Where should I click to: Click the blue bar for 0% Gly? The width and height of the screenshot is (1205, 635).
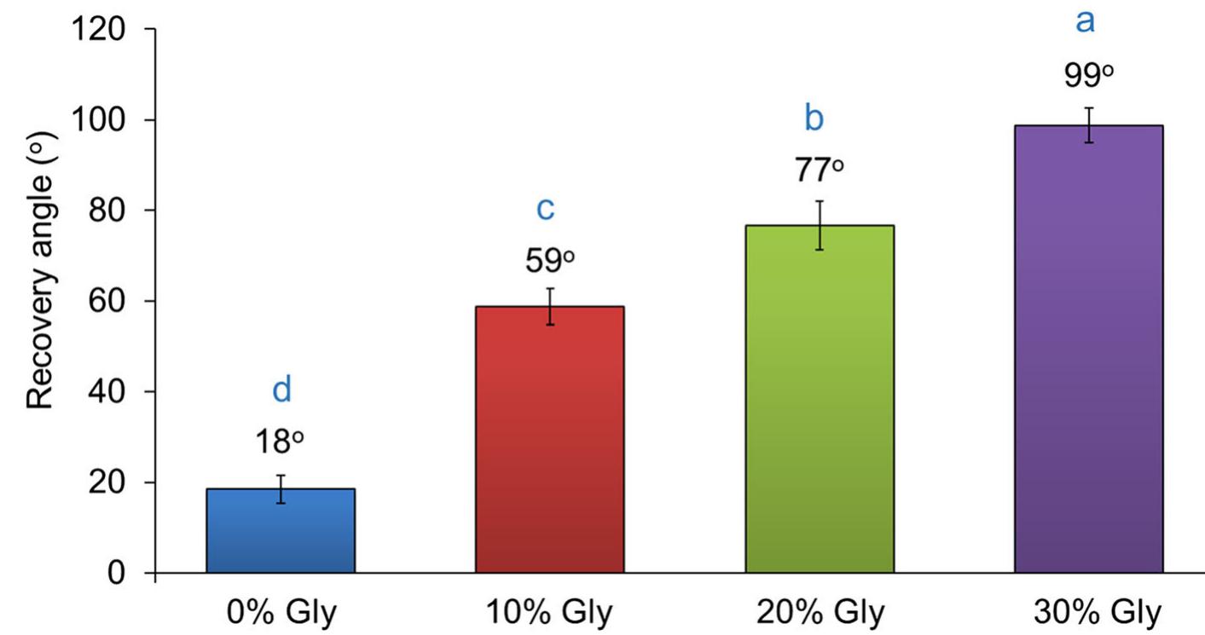[x=281, y=530]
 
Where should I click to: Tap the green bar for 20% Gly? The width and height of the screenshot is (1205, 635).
[x=820, y=399]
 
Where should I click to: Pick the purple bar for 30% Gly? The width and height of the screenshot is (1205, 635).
[x=1089, y=349]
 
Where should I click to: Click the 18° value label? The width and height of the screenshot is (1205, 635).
[x=279, y=443]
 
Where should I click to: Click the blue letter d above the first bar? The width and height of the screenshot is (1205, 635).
[x=281, y=390]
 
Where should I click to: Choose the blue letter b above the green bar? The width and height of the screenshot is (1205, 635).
[x=814, y=118]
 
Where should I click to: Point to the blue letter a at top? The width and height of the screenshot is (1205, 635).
[x=1085, y=21]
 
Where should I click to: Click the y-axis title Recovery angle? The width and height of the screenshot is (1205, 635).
[x=41, y=268]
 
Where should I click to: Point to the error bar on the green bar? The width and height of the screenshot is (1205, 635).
[x=820, y=225]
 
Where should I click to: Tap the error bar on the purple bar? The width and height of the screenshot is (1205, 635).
[x=1089, y=125]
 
